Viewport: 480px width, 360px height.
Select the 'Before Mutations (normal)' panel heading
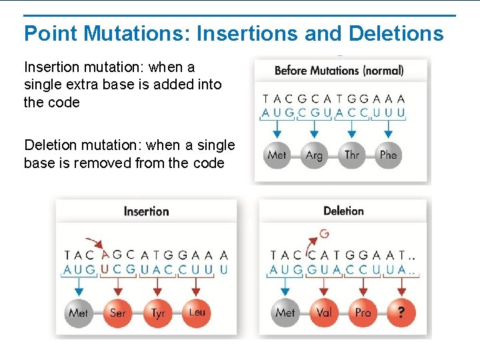[339, 70]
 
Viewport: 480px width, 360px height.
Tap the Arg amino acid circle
[314, 155]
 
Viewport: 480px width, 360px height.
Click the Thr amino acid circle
[351, 155]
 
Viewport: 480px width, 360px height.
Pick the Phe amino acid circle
[388, 155]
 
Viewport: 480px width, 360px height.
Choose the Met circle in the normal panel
[277, 155]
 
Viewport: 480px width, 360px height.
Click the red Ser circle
[117, 313]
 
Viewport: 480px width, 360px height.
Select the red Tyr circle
[157, 313]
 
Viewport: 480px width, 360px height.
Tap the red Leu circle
[197, 313]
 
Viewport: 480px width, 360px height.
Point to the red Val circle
[323, 313]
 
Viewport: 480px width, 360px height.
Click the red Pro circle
[363, 313]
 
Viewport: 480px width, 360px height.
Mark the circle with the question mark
[401, 313]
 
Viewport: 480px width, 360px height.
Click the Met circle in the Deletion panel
[285, 313]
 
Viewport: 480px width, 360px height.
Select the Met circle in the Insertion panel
[79, 313]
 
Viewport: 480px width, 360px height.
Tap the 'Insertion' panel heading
[146, 211]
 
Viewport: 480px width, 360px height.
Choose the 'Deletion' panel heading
[343, 211]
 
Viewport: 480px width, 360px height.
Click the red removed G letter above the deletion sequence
[324, 233]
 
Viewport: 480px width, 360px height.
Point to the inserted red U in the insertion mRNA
[103, 269]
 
